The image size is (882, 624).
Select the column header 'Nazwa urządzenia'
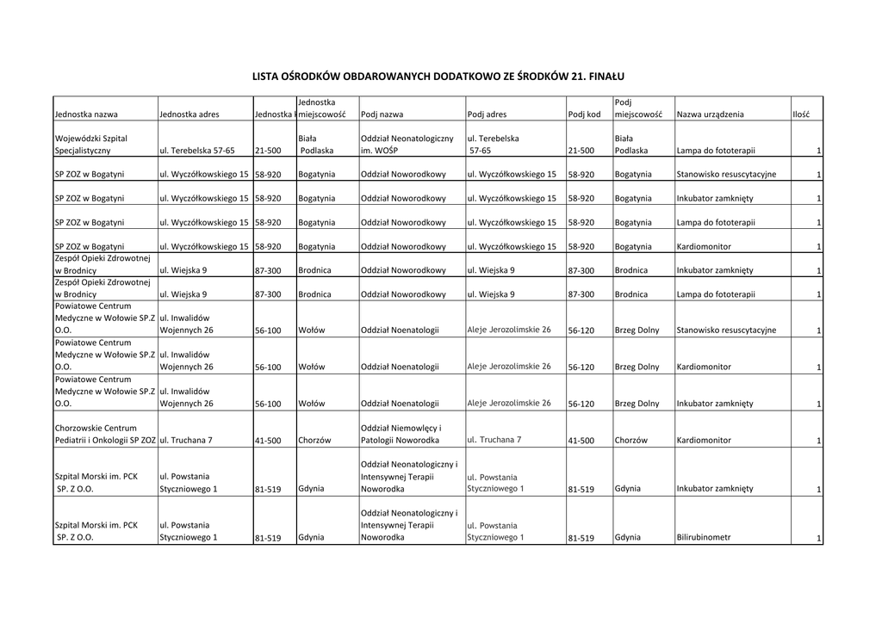pyautogui.click(x=710, y=114)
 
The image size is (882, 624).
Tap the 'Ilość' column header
pyautogui.click(x=801, y=114)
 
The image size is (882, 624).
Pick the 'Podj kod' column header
pyautogui.click(x=583, y=114)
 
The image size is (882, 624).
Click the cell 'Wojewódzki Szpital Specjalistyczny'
pyautogui.click(x=90, y=144)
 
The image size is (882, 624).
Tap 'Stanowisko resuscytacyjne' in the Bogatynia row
pyautogui.click(x=726, y=175)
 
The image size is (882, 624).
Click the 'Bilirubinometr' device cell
pyautogui.click(x=704, y=537)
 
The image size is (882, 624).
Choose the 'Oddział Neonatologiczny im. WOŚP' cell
pyautogui.click(x=407, y=144)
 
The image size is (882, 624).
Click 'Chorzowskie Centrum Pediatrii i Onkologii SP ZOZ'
pyautogui.click(x=105, y=434)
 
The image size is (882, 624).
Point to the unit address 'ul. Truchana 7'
pyautogui.click(x=186, y=441)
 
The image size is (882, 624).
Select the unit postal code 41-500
pyautogui.click(x=268, y=441)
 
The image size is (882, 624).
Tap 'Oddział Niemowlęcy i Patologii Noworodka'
pyautogui.click(x=401, y=434)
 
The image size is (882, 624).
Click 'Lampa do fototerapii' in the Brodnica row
pyautogui.click(x=716, y=294)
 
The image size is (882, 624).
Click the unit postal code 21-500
pyautogui.click(x=268, y=151)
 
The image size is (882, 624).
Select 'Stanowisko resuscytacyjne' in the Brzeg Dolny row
pyautogui.click(x=726, y=331)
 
